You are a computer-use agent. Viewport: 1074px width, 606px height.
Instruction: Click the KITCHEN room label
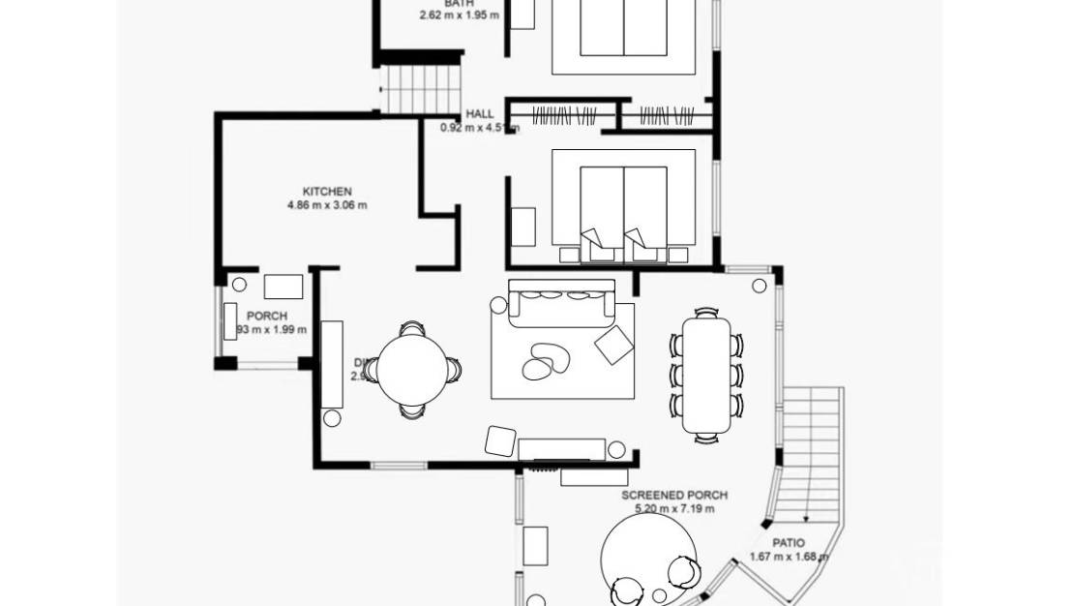(327, 192)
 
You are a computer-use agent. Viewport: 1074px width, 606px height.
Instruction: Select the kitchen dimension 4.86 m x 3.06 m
(327, 205)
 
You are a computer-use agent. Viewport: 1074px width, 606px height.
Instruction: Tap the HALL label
(479, 114)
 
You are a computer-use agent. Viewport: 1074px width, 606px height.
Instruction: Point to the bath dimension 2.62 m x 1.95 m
(460, 15)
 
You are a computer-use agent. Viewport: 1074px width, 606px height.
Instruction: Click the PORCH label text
(267, 317)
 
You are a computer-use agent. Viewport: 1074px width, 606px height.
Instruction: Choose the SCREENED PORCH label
(674, 495)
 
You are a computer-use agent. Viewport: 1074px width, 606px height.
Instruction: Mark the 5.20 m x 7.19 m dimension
(681, 508)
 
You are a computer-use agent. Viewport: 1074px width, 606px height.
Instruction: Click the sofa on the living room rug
(562, 301)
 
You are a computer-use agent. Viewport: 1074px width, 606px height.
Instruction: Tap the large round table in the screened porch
(648, 556)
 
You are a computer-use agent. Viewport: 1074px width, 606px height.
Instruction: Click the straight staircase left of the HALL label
(420, 89)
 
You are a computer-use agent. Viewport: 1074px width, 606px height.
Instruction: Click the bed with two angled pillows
(623, 206)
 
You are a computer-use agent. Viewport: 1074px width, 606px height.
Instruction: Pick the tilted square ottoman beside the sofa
(613, 345)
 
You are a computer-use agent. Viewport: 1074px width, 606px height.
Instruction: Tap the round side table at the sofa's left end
(498, 305)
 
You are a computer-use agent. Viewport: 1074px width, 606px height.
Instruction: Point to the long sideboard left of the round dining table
(332, 364)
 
